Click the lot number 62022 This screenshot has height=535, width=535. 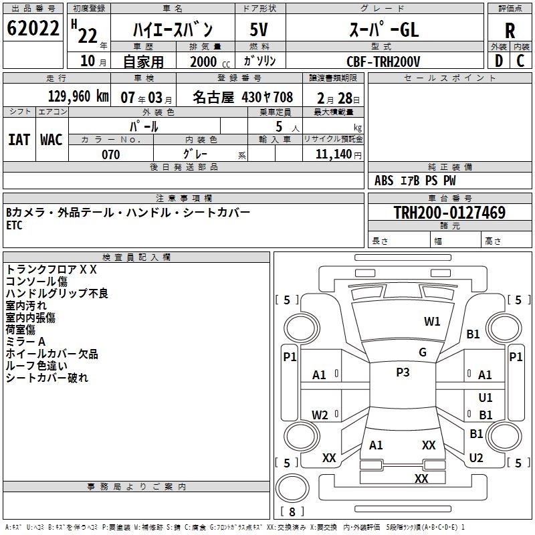[x=33, y=29]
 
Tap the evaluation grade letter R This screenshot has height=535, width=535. [x=510, y=31]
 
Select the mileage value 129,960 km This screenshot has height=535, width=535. [x=78, y=96]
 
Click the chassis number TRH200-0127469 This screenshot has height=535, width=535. [x=449, y=213]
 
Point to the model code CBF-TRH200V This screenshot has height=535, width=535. [x=383, y=62]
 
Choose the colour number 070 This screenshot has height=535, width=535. [x=110, y=154]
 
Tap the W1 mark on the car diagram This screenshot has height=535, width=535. [x=433, y=321]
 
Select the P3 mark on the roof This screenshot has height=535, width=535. [x=403, y=372]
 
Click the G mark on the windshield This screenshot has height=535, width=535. [x=423, y=352]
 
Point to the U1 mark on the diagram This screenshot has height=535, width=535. [x=486, y=397]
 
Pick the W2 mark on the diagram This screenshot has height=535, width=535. [x=320, y=415]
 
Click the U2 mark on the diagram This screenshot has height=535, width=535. [x=476, y=457]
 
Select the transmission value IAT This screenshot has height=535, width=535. [x=19, y=139]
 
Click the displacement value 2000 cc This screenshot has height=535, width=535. [x=205, y=62]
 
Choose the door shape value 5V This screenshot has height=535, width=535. [x=259, y=29]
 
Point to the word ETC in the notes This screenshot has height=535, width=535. [x=14, y=225]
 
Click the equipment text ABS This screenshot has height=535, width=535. [x=384, y=181]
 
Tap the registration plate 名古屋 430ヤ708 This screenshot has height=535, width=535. [x=243, y=97]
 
